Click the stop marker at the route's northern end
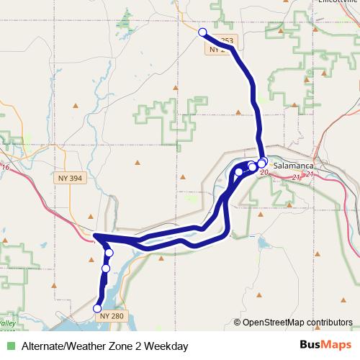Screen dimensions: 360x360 [202, 32]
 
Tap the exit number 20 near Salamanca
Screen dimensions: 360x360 [264, 173]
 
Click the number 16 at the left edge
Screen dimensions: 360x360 [6, 167]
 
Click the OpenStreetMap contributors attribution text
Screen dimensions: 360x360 [297, 323]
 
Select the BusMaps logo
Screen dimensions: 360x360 [326, 346]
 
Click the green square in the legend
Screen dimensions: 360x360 [10, 346]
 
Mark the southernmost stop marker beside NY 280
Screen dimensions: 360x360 [98, 308]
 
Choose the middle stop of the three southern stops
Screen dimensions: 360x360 [105, 269]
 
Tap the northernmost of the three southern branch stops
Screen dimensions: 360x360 [109, 253]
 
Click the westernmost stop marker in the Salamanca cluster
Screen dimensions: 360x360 [239, 172]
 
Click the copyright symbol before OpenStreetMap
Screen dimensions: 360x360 [238, 323]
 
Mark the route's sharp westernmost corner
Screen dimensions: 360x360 [95, 235]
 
